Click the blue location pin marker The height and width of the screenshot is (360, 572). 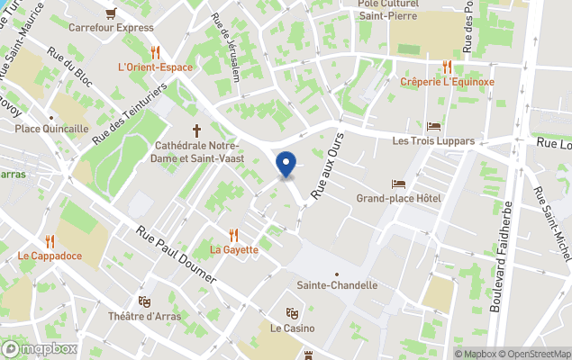click(x=286, y=165)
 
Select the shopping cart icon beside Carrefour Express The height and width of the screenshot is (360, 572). click(x=111, y=13)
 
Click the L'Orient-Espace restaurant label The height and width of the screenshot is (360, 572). click(x=155, y=67)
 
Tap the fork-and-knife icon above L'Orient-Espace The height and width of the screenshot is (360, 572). click(x=155, y=52)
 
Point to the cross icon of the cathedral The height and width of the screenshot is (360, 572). click(x=196, y=130)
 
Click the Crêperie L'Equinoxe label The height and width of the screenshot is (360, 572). click(x=448, y=82)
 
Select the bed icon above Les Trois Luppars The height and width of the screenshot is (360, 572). click(x=434, y=126)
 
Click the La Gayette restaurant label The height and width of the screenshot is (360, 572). click(x=234, y=249)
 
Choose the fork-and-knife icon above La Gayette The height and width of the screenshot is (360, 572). click(x=234, y=234)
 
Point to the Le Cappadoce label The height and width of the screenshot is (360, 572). click(x=50, y=256)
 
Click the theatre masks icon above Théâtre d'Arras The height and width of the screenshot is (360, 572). click(x=144, y=301)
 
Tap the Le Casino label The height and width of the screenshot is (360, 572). click(x=293, y=328)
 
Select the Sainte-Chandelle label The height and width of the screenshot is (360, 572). click(x=337, y=285)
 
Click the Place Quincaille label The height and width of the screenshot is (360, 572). click(x=51, y=129)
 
